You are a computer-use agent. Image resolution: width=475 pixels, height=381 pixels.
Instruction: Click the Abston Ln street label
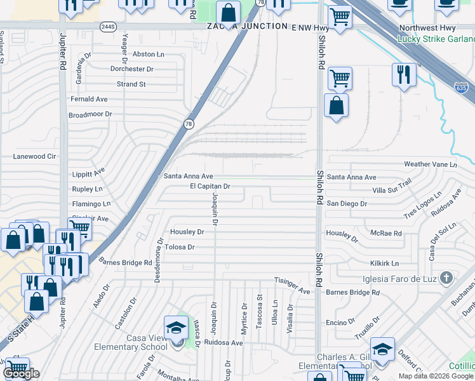coord(148,55)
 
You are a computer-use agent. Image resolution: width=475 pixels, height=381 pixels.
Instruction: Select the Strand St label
coord(131,84)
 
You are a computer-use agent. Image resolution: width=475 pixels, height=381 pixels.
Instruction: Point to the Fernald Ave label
coord(89,99)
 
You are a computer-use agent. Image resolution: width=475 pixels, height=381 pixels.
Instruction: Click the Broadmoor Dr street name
coord(90,114)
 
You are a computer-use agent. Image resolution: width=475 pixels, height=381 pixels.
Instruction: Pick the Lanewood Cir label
coord(35,156)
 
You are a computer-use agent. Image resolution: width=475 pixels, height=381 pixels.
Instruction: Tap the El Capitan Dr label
coord(210,187)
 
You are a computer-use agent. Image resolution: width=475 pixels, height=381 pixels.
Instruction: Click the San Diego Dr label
coord(347,204)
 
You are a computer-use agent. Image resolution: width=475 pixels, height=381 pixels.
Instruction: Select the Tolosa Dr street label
coord(179,247)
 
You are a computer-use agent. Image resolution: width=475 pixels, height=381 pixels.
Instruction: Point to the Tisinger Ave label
coord(292,285)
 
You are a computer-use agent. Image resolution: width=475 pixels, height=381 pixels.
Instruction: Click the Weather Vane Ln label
coord(430,164)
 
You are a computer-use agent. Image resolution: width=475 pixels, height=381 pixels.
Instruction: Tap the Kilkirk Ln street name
coord(384,263)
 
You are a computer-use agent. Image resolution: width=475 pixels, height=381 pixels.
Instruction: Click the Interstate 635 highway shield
coord(465,86)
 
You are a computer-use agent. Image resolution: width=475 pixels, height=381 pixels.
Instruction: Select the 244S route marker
coord(107,27)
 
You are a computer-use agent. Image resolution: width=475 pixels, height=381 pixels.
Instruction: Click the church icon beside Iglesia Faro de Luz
coord(446,277)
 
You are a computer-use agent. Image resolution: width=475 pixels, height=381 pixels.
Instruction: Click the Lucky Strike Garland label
coord(436,38)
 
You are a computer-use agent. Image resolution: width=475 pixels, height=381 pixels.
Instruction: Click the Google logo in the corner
coord(21,374)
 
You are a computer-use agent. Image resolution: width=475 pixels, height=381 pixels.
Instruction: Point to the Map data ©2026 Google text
coord(436,375)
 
